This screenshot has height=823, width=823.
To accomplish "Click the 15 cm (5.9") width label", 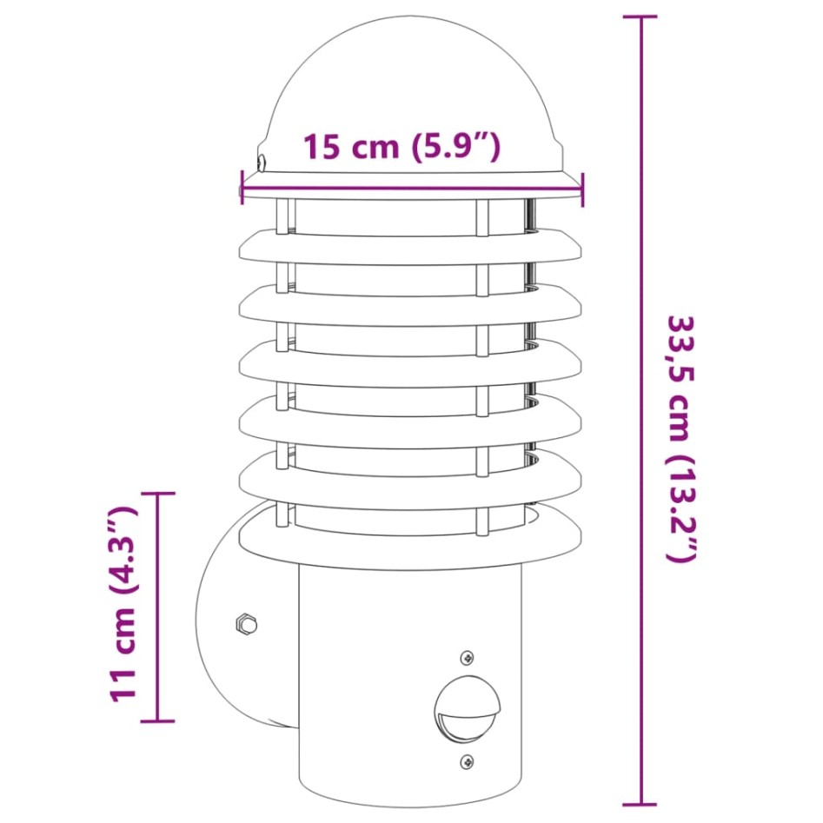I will point(402,147).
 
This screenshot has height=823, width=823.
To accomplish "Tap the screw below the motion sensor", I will point(468,760).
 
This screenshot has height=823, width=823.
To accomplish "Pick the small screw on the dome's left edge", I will point(262,160).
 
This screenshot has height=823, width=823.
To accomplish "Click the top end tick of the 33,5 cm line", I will point(641,17).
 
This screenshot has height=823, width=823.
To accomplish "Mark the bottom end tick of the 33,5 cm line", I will point(641,805).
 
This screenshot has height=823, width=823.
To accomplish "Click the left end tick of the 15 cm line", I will point(242,186).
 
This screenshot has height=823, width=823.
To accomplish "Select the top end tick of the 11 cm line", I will point(157,494).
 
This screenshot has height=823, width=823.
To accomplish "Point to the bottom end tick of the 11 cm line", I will point(157,720).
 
